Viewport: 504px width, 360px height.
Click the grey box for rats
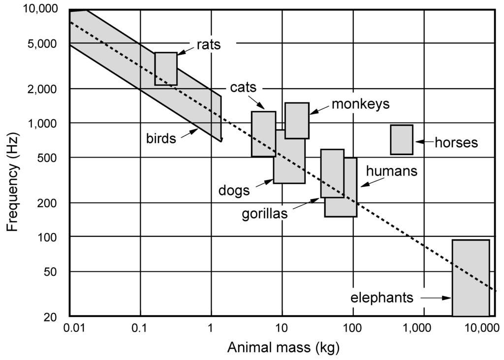[165, 68]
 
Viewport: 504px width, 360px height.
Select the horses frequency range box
[401, 139]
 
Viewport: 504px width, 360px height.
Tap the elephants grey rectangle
[471, 277]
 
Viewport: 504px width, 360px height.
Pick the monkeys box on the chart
[297, 120]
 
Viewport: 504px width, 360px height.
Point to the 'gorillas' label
[265, 215]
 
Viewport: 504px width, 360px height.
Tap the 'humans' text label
[392, 171]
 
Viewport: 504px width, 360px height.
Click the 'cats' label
[243, 88]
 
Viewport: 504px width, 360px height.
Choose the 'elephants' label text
[382, 298]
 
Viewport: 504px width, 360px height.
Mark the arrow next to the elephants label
[436, 298]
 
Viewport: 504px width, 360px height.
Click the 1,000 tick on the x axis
[423, 328]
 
